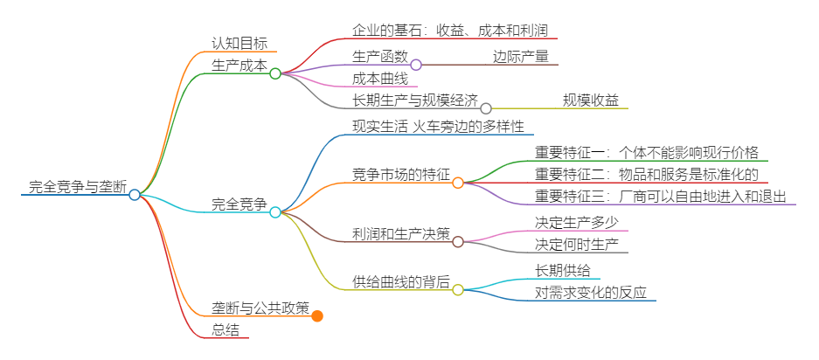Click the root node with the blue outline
tap(135, 195)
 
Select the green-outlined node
tap(275, 73)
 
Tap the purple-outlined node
tap(416, 65)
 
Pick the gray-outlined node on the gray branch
tap(486, 108)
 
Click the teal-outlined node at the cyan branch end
tap(275, 212)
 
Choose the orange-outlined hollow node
tap(458, 183)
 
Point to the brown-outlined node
tap(458, 242)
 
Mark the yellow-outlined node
tap(458, 290)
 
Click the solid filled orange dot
tap(317, 316)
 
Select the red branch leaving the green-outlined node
tap(437, 38)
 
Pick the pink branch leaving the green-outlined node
tap(376, 87)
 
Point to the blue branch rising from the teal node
tap(437, 135)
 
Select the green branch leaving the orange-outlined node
tap(647, 161)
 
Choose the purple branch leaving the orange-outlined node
tap(656, 204)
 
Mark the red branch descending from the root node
tap(223, 338)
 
